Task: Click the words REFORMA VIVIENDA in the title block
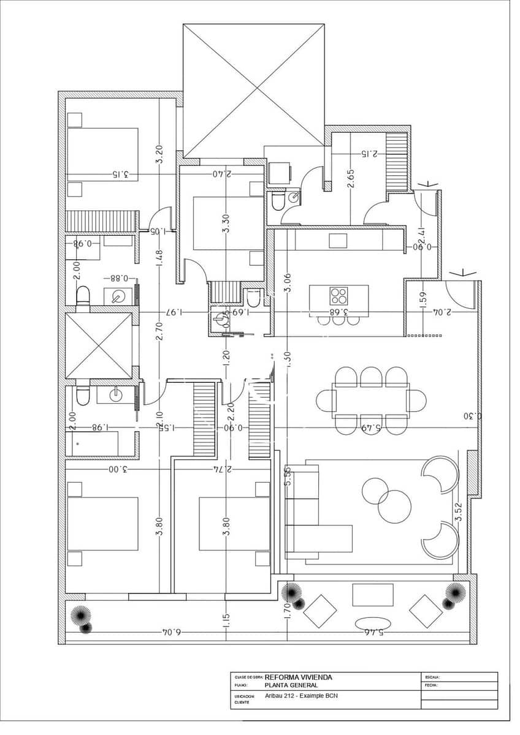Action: click(x=299, y=677)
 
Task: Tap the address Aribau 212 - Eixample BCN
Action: click(x=301, y=696)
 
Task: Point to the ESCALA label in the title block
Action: click(x=432, y=677)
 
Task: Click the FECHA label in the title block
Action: click(x=430, y=686)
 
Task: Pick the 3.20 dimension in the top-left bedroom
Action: click(x=159, y=154)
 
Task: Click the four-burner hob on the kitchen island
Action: click(x=339, y=296)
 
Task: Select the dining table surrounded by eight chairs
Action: click(x=370, y=401)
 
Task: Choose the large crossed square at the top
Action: click(x=254, y=91)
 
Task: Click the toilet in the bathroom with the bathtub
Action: click(x=83, y=396)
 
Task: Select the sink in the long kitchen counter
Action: click(x=338, y=241)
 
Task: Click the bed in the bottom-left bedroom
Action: click(x=102, y=523)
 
